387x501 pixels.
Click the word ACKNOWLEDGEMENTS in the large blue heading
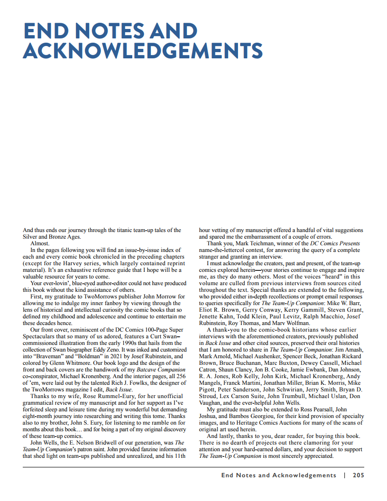[143, 51]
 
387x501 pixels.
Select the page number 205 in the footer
[358, 475]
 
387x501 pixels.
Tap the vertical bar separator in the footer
[344, 475]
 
